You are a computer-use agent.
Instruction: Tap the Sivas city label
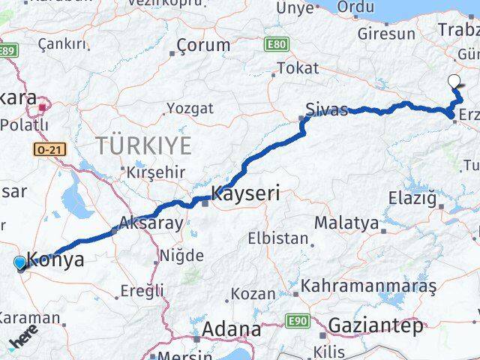coord(327,110)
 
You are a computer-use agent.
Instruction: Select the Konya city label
coord(55,260)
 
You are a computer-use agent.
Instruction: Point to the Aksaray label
coord(151,223)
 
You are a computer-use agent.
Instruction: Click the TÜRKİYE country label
coord(142,145)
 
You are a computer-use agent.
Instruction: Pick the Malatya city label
coord(346,222)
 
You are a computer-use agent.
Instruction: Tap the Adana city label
coord(232,329)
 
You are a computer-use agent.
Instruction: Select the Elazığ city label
coord(411,199)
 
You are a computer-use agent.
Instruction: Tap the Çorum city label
coord(204,45)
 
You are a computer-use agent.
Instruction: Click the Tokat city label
coord(298,68)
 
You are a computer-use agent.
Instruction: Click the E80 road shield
coord(276,46)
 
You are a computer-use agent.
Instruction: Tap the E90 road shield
coord(298,321)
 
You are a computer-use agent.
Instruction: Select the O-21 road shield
coord(50,150)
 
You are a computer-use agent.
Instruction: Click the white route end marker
coord(453,82)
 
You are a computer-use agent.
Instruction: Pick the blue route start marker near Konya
coord(20,262)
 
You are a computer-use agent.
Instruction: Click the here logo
coord(22,342)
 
